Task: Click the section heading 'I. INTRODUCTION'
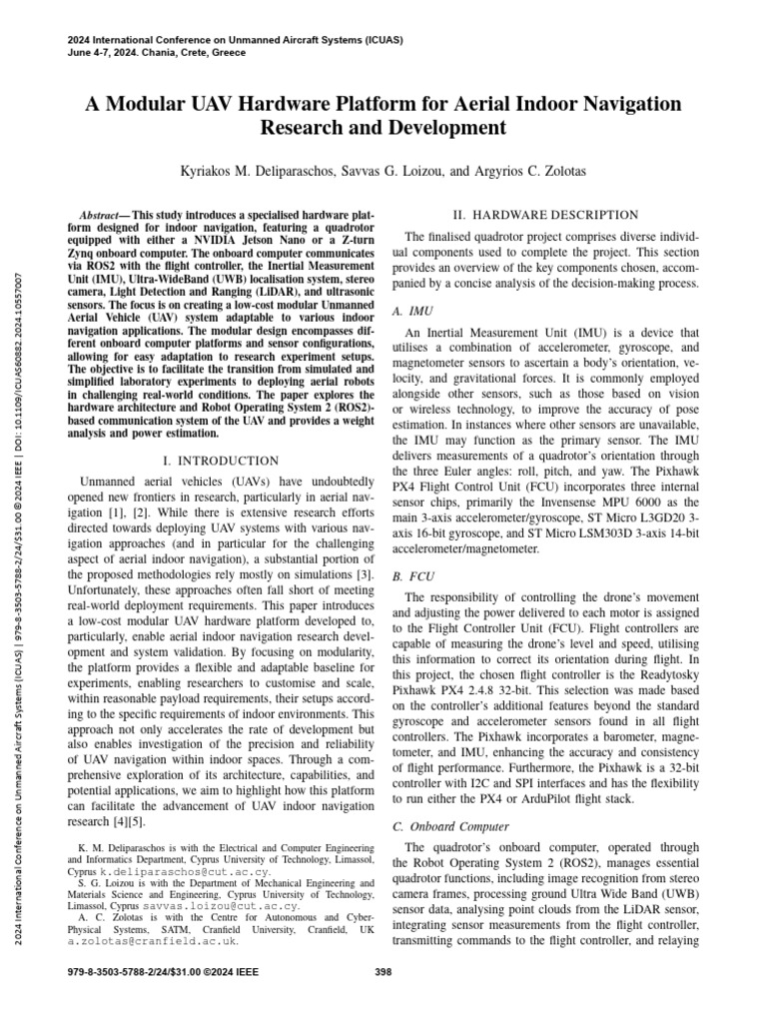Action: pyautogui.click(x=221, y=461)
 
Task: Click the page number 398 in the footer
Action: pyautogui.click(x=383, y=970)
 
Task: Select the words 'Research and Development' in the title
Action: pyautogui.click(x=383, y=129)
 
